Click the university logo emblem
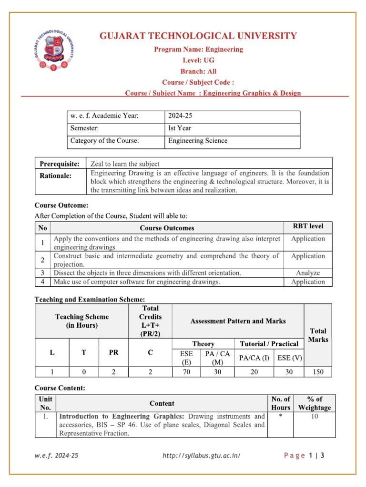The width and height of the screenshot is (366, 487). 53,49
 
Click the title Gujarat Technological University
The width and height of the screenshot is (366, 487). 198,36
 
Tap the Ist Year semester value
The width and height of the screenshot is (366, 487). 180,128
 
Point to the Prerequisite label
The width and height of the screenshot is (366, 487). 59,164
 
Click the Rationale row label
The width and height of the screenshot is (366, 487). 55,176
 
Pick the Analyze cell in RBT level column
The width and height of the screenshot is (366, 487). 308,273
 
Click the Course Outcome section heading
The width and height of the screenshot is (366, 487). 61,205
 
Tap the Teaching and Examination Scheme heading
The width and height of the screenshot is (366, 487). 90,299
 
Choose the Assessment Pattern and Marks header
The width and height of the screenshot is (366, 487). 238,321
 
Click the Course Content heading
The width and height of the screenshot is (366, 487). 60,388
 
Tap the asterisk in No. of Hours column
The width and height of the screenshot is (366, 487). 280,416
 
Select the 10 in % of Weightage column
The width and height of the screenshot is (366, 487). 314,416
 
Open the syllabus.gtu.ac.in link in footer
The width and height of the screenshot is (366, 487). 201,456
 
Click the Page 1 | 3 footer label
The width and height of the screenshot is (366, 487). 304,456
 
